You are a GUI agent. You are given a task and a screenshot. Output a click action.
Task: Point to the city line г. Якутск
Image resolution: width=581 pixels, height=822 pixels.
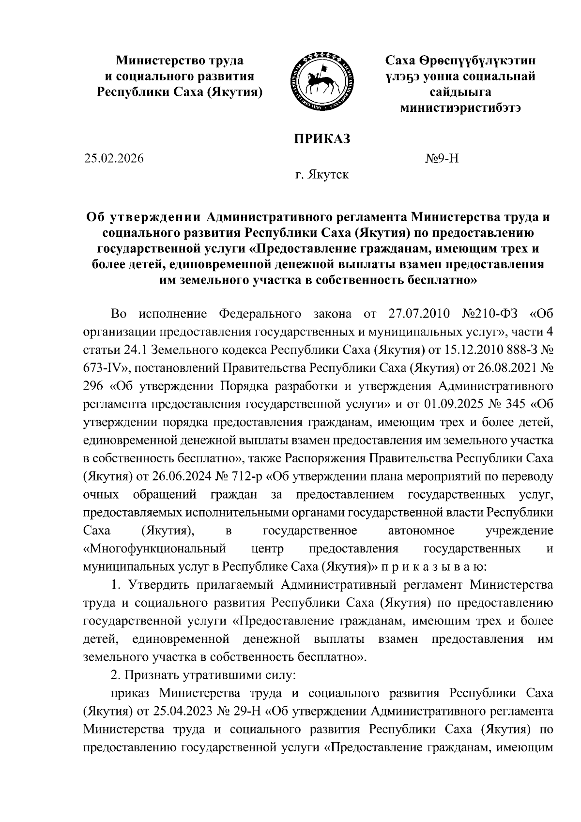(322, 174)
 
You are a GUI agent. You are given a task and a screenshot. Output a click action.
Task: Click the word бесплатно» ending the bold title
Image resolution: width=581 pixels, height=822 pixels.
(438, 281)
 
